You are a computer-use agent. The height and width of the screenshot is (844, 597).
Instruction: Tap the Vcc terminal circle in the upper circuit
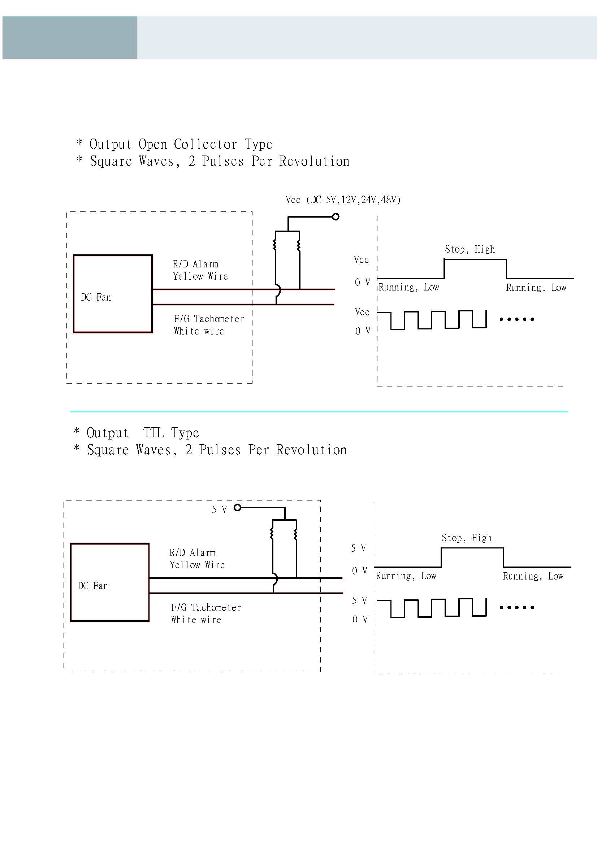[x=336, y=217]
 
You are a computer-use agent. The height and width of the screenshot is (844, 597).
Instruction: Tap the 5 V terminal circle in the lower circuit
[x=238, y=508]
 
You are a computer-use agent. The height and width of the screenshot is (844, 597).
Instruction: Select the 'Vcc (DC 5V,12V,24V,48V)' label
[x=343, y=200]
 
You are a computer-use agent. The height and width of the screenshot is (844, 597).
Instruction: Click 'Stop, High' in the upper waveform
[x=470, y=249]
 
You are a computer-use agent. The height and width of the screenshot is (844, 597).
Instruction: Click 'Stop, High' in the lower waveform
[x=466, y=538]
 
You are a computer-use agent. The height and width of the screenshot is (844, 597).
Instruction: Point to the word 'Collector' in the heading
[x=205, y=144]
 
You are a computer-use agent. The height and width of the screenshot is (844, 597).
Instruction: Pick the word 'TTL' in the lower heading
[x=153, y=433]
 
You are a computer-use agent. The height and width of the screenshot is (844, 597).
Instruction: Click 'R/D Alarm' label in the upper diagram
[x=195, y=264]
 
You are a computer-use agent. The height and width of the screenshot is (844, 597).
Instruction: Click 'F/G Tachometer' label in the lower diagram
[x=206, y=608]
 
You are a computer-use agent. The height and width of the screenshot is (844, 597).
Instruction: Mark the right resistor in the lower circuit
[x=295, y=534]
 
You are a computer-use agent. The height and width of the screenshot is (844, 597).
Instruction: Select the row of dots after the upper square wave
[x=516, y=319]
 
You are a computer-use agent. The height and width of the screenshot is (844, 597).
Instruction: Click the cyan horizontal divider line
[x=319, y=411]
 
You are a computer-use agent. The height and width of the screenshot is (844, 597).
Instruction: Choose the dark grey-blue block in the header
[x=70, y=38]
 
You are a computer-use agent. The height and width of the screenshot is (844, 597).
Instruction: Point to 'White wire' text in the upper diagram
[x=199, y=331]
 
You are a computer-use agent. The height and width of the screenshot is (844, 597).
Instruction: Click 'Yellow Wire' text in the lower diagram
[x=197, y=565]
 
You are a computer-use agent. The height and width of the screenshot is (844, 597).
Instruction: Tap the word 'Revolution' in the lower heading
[x=311, y=450]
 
